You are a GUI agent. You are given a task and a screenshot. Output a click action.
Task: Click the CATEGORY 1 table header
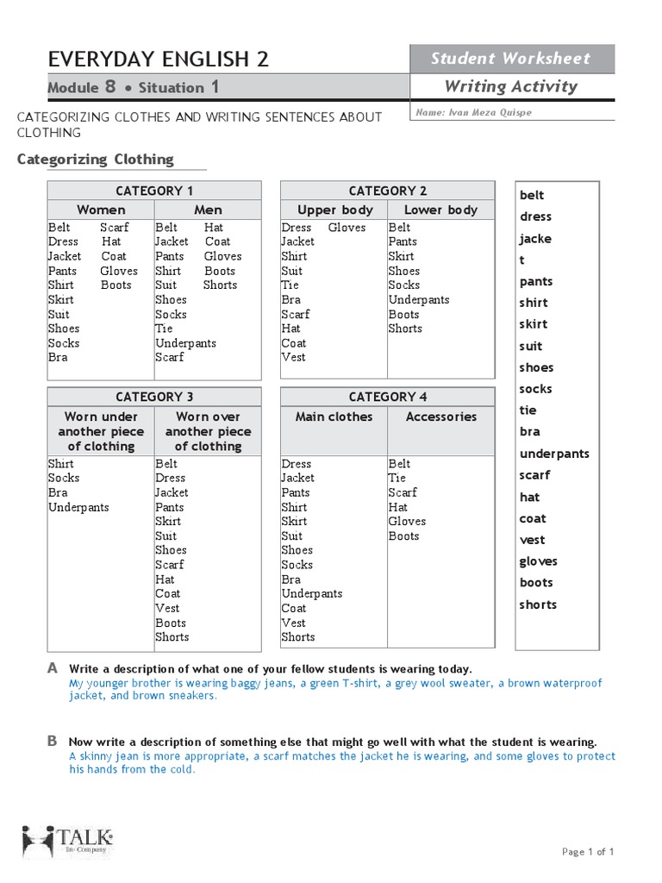pos(154,191)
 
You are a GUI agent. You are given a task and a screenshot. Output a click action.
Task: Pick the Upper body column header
pos(335,210)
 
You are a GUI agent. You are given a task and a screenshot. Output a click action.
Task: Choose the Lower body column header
pos(440,210)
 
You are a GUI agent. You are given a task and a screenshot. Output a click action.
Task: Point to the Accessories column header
pos(440,416)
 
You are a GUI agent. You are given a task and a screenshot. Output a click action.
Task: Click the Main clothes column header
pos(334,416)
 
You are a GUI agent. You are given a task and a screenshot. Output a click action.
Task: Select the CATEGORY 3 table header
pos(154,397)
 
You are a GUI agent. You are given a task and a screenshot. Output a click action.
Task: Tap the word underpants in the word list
pos(554,454)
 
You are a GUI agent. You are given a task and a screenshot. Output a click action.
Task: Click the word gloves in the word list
pos(538,561)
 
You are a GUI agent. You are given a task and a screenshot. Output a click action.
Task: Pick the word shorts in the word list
pos(538,604)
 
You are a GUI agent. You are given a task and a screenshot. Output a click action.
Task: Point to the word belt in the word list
pos(532,196)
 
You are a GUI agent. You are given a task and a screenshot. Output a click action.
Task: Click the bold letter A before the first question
pos(53,668)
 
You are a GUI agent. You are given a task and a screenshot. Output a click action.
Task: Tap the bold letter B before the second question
pos(53,741)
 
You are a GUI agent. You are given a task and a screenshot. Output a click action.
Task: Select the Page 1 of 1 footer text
pos(588,852)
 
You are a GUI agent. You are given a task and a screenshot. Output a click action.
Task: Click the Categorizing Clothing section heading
pos(96,160)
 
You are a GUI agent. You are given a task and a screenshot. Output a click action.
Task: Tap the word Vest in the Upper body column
pos(293,357)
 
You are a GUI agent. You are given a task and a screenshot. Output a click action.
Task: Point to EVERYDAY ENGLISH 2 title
pos(159,59)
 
